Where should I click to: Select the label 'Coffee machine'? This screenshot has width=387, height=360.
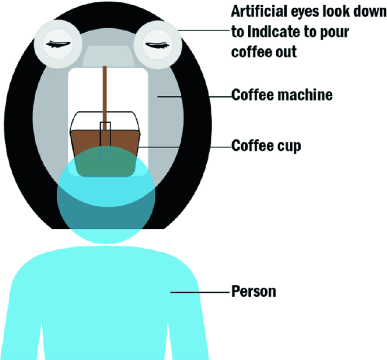click(282, 95)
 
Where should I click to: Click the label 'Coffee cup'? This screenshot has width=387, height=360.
click(266, 146)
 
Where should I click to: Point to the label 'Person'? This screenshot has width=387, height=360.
click(254, 292)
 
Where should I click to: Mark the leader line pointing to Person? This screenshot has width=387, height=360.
click(201, 292)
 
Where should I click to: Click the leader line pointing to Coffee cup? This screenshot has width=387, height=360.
click(186, 146)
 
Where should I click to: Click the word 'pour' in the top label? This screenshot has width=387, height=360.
click(337, 32)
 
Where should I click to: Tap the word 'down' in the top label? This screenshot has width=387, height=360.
click(372, 12)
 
